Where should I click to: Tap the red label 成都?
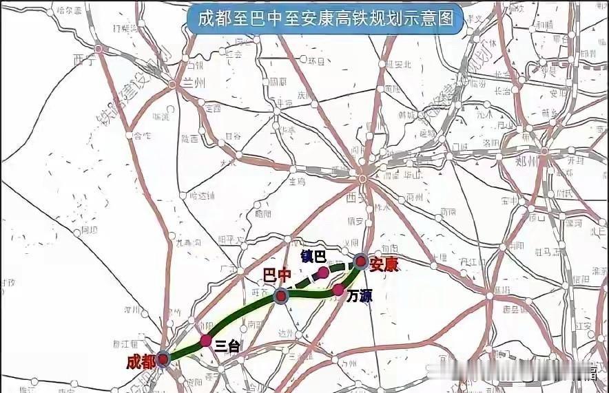[141, 362]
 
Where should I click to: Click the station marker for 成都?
[163, 358]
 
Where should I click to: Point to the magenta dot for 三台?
[205, 340]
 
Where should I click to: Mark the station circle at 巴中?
[281, 296]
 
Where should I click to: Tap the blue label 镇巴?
[313, 256]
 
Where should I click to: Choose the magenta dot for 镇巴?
[323, 273]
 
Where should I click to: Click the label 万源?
[360, 297]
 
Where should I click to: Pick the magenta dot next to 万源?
[338, 290]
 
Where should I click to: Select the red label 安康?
[384, 264]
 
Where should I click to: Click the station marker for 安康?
[360, 260]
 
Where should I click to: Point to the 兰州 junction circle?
[172, 85]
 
